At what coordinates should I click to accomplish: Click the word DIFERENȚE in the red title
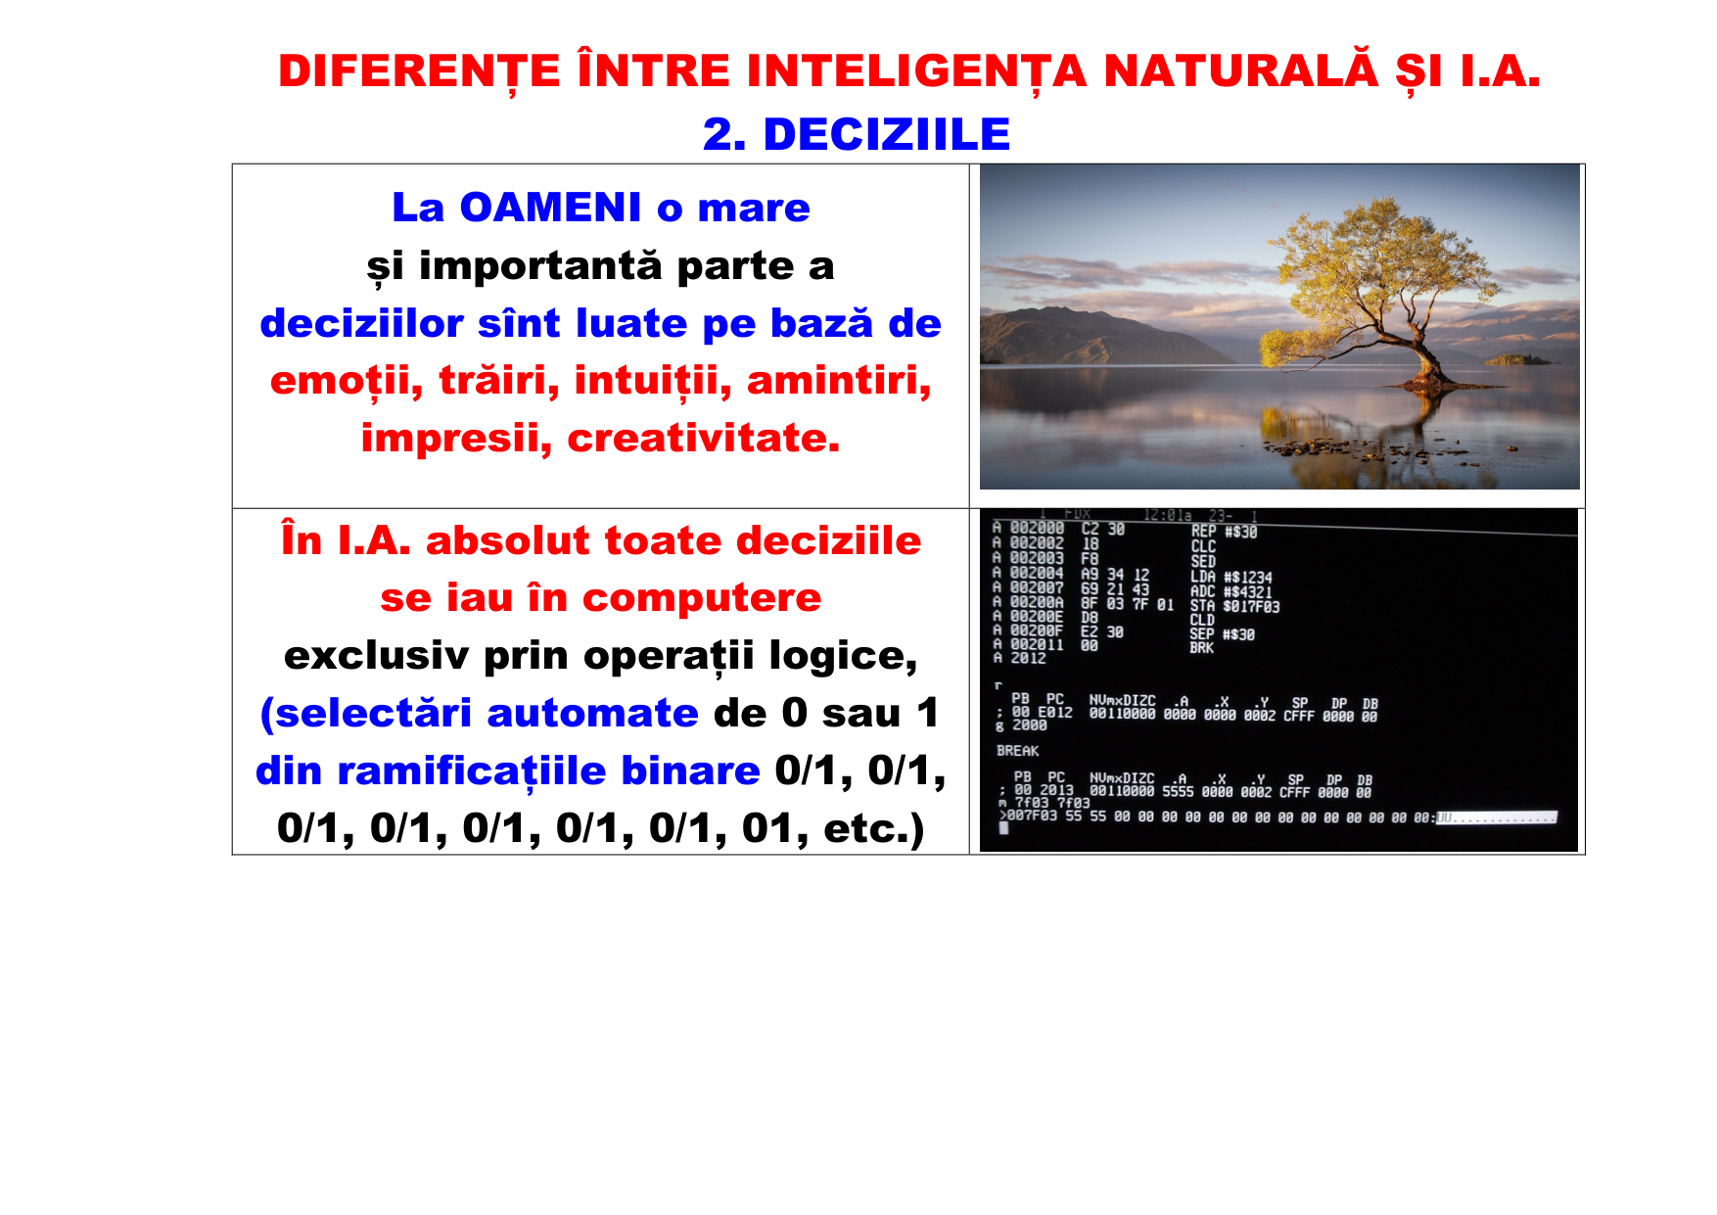[419, 71]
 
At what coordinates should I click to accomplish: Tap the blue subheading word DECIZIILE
[886, 135]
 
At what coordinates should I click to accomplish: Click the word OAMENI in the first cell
[550, 208]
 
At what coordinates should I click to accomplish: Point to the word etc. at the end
[866, 828]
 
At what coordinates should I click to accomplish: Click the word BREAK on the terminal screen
[1018, 751]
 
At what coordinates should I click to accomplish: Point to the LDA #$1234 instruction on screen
[1231, 578]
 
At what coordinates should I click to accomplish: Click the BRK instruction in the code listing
[1201, 648]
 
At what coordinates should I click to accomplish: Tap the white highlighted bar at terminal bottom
[1495, 818]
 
